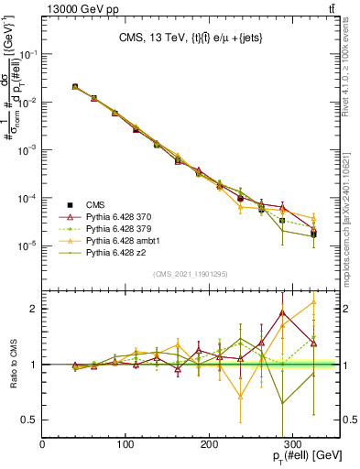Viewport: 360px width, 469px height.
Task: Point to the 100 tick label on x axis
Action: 126,444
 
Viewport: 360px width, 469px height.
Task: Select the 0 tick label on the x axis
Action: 43,444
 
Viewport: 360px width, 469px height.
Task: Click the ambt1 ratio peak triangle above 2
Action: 314,301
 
